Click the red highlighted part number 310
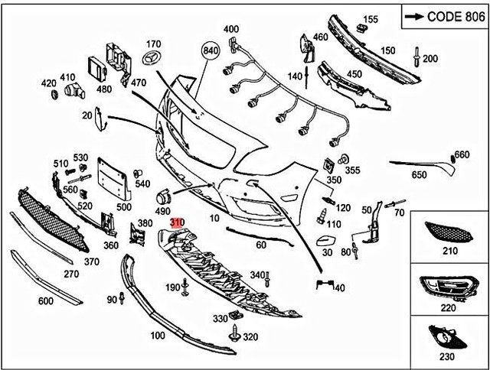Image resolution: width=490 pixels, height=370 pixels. (x=178, y=222)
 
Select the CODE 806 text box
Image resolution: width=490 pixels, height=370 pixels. (x=443, y=16)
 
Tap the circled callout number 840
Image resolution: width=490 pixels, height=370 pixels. (x=211, y=50)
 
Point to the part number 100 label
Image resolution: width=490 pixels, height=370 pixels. (x=158, y=336)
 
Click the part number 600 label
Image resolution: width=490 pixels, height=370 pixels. (x=45, y=300)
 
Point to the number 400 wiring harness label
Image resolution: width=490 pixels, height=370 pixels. (x=231, y=30)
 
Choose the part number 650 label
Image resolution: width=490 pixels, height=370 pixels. (x=419, y=175)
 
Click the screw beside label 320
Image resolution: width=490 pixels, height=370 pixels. (x=234, y=335)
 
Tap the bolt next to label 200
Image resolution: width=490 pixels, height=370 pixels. (x=415, y=56)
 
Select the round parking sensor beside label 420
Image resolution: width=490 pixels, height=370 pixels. (x=54, y=94)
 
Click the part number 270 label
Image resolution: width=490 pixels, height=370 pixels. (x=70, y=273)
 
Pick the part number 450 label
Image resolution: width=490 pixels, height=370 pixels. (x=354, y=74)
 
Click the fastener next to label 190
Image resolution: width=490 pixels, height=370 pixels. (x=186, y=287)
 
